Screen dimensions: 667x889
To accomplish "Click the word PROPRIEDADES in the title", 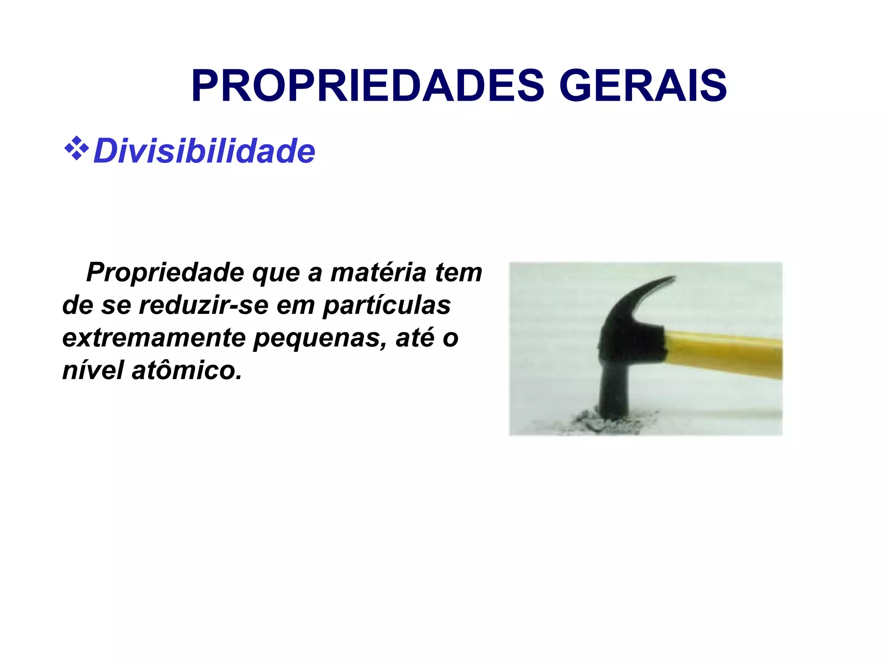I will coord(367,86).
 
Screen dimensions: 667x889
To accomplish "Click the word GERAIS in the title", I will coord(642,86).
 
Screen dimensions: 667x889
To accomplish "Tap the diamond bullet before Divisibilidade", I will coord(76,149).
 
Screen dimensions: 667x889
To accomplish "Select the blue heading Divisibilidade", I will coord(204,151).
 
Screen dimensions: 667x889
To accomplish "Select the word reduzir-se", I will coord(204,305).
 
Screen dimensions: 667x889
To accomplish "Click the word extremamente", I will coord(154,338).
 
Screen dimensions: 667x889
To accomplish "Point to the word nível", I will coord(93,370).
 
